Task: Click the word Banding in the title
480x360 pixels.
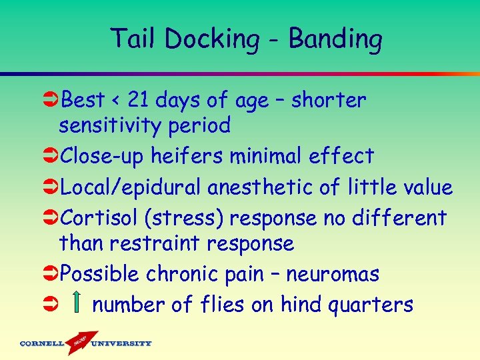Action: (335, 39)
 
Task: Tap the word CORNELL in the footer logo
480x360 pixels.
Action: (41, 344)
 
